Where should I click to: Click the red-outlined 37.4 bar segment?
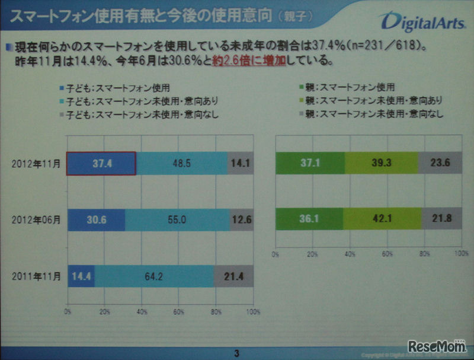click(x=101, y=164)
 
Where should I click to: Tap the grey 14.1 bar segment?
click(x=241, y=164)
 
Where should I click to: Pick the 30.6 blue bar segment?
click(x=97, y=220)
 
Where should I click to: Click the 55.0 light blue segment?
click(x=177, y=220)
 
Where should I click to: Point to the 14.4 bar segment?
click(x=81, y=276)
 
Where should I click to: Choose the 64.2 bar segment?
click(x=154, y=276)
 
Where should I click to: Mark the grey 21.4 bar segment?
click(x=233, y=276)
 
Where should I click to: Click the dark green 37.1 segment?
click(x=310, y=164)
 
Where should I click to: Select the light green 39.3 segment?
click(x=382, y=164)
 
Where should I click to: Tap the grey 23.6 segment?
click(x=440, y=164)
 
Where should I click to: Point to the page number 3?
click(x=237, y=353)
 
